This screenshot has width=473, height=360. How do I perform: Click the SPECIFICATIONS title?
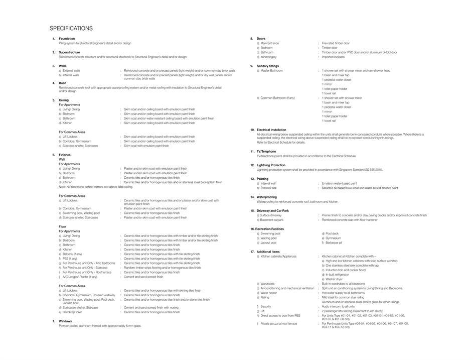71,28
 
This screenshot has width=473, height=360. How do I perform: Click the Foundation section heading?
67,39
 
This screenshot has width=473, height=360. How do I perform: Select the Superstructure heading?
69,52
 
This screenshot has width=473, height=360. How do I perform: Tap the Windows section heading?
65,321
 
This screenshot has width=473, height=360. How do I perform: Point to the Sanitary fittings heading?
268,66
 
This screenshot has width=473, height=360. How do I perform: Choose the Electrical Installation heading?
271,130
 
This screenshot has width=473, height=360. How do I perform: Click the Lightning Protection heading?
271,165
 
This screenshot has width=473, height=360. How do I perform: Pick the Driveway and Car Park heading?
273,211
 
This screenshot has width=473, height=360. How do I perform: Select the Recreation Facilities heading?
270,229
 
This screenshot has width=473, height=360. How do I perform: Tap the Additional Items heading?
268,252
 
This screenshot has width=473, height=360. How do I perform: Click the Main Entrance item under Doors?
269,43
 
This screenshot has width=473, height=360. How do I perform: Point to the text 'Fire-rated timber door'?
336,43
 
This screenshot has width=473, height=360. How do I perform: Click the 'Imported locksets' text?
333,57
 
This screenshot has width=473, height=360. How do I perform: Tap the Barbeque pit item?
334,243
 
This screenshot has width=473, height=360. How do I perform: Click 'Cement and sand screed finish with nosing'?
151,307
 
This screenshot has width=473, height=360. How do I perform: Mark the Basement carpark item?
271,220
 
